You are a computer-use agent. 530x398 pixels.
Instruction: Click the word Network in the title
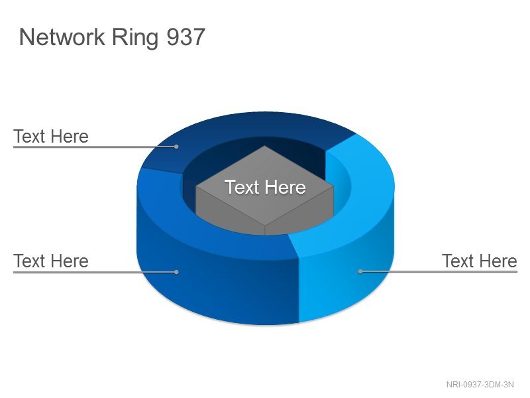pos(62,37)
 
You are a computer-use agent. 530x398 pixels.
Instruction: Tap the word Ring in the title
pos(135,38)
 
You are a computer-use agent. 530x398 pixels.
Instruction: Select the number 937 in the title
pos(186,37)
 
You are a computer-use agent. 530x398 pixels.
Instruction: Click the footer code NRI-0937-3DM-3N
pos(480,385)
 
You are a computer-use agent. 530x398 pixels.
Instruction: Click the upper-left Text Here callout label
pos(51,137)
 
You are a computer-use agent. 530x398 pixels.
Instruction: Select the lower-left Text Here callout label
pos(51,261)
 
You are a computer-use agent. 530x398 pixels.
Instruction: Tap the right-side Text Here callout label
pos(479,261)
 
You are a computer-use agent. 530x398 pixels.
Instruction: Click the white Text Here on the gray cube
pos(266,187)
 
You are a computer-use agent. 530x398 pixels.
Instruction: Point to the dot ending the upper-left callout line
pos(176,147)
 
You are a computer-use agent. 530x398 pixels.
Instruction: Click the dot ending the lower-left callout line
pos(176,272)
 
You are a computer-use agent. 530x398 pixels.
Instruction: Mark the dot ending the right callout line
pos(360,271)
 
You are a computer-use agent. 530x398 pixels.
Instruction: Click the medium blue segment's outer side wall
pos(217,285)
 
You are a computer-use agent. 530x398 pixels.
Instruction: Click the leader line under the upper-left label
pos(95,147)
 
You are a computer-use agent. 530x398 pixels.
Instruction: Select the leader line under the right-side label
pos(439,271)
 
